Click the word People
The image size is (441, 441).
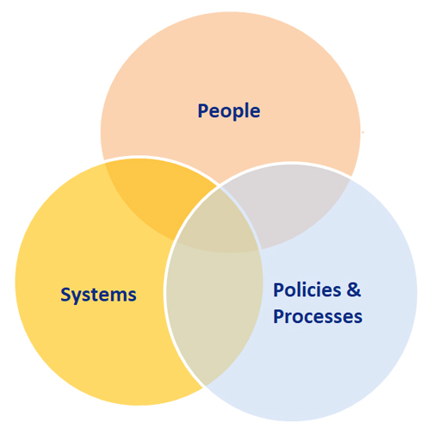tap(229, 111)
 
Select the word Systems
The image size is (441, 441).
tap(98, 295)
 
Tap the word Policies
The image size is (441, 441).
tap(307, 289)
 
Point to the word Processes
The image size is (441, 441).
tap(318, 316)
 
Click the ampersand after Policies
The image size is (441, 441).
tap(353, 289)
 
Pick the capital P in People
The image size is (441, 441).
tap(203, 110)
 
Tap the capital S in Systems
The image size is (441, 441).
tap(65, 294)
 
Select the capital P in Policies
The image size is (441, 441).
tap(278, 289)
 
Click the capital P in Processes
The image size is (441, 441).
tap(278, 316)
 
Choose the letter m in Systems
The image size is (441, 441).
tap(116, 296)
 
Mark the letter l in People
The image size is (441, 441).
tap(245, 110)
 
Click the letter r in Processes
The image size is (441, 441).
tap(289, 319)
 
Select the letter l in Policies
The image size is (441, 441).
tap(300, 289)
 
